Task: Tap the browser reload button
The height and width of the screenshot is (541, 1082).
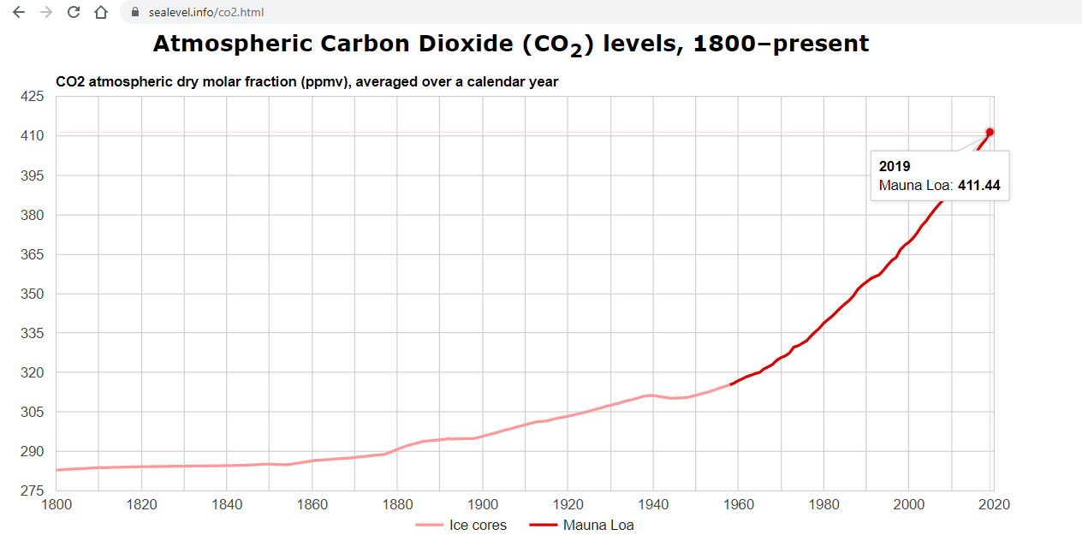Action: (x=74, y=12)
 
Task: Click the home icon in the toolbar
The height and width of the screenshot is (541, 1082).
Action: (x=101, y=12)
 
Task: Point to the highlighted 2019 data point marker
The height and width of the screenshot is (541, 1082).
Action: (x=990, y=132)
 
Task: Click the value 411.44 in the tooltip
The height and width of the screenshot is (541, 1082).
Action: (x=978, y=185)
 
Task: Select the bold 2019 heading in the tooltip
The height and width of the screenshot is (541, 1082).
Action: (x=895, y=166)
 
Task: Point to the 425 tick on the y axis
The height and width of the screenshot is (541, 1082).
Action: (x=32, y=97)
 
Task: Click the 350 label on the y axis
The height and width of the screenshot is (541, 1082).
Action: (x=32, y=294)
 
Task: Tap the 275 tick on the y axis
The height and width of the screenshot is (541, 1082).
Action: (x=32, y=490)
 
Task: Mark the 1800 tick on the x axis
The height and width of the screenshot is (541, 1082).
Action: (x=56, y=504)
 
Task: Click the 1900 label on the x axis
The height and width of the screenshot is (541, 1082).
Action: (x=483, y=504)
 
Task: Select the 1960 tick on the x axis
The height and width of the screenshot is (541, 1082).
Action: (x=738, y=504)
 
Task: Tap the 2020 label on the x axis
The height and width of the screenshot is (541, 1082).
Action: (x=993, y=504)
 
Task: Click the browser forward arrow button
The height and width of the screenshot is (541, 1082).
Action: (x=46, y=12)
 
